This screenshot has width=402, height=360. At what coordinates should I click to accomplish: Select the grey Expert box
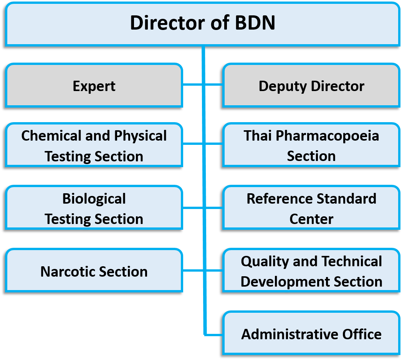coord(94,86)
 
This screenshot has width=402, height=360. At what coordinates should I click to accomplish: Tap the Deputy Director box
coord(311,86)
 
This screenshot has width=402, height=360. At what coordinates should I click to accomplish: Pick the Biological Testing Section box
coord(94,209)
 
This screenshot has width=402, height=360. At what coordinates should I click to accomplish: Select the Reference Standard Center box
coord(311,209)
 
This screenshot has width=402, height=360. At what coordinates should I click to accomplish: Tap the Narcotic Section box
coord(94,271)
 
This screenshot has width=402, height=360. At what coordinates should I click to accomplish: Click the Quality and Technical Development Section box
coord(311,271)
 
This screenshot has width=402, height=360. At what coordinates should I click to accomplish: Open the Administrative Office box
coord(311,334)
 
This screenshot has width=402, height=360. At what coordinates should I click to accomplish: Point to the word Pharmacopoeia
coord(328,136)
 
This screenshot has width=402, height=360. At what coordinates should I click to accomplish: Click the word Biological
coord(94,199)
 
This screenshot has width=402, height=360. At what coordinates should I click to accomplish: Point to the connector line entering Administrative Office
coord(214,334)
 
